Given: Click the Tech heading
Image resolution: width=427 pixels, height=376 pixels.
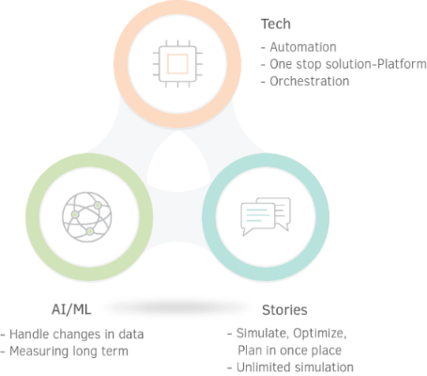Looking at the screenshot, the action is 276,24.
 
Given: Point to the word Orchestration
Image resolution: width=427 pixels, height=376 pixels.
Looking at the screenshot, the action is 310,81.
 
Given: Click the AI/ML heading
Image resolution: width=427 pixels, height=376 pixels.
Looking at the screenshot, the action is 71,309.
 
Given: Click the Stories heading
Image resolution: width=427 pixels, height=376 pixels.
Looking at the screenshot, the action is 284,310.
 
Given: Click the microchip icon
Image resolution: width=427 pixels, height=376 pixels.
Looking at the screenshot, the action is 177,64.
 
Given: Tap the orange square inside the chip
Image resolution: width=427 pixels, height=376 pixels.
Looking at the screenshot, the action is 177,64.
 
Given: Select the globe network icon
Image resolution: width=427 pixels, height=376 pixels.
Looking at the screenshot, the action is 87,217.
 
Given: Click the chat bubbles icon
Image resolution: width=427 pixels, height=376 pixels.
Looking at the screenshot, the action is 266,216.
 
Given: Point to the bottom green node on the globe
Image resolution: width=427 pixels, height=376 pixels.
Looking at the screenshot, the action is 90,231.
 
